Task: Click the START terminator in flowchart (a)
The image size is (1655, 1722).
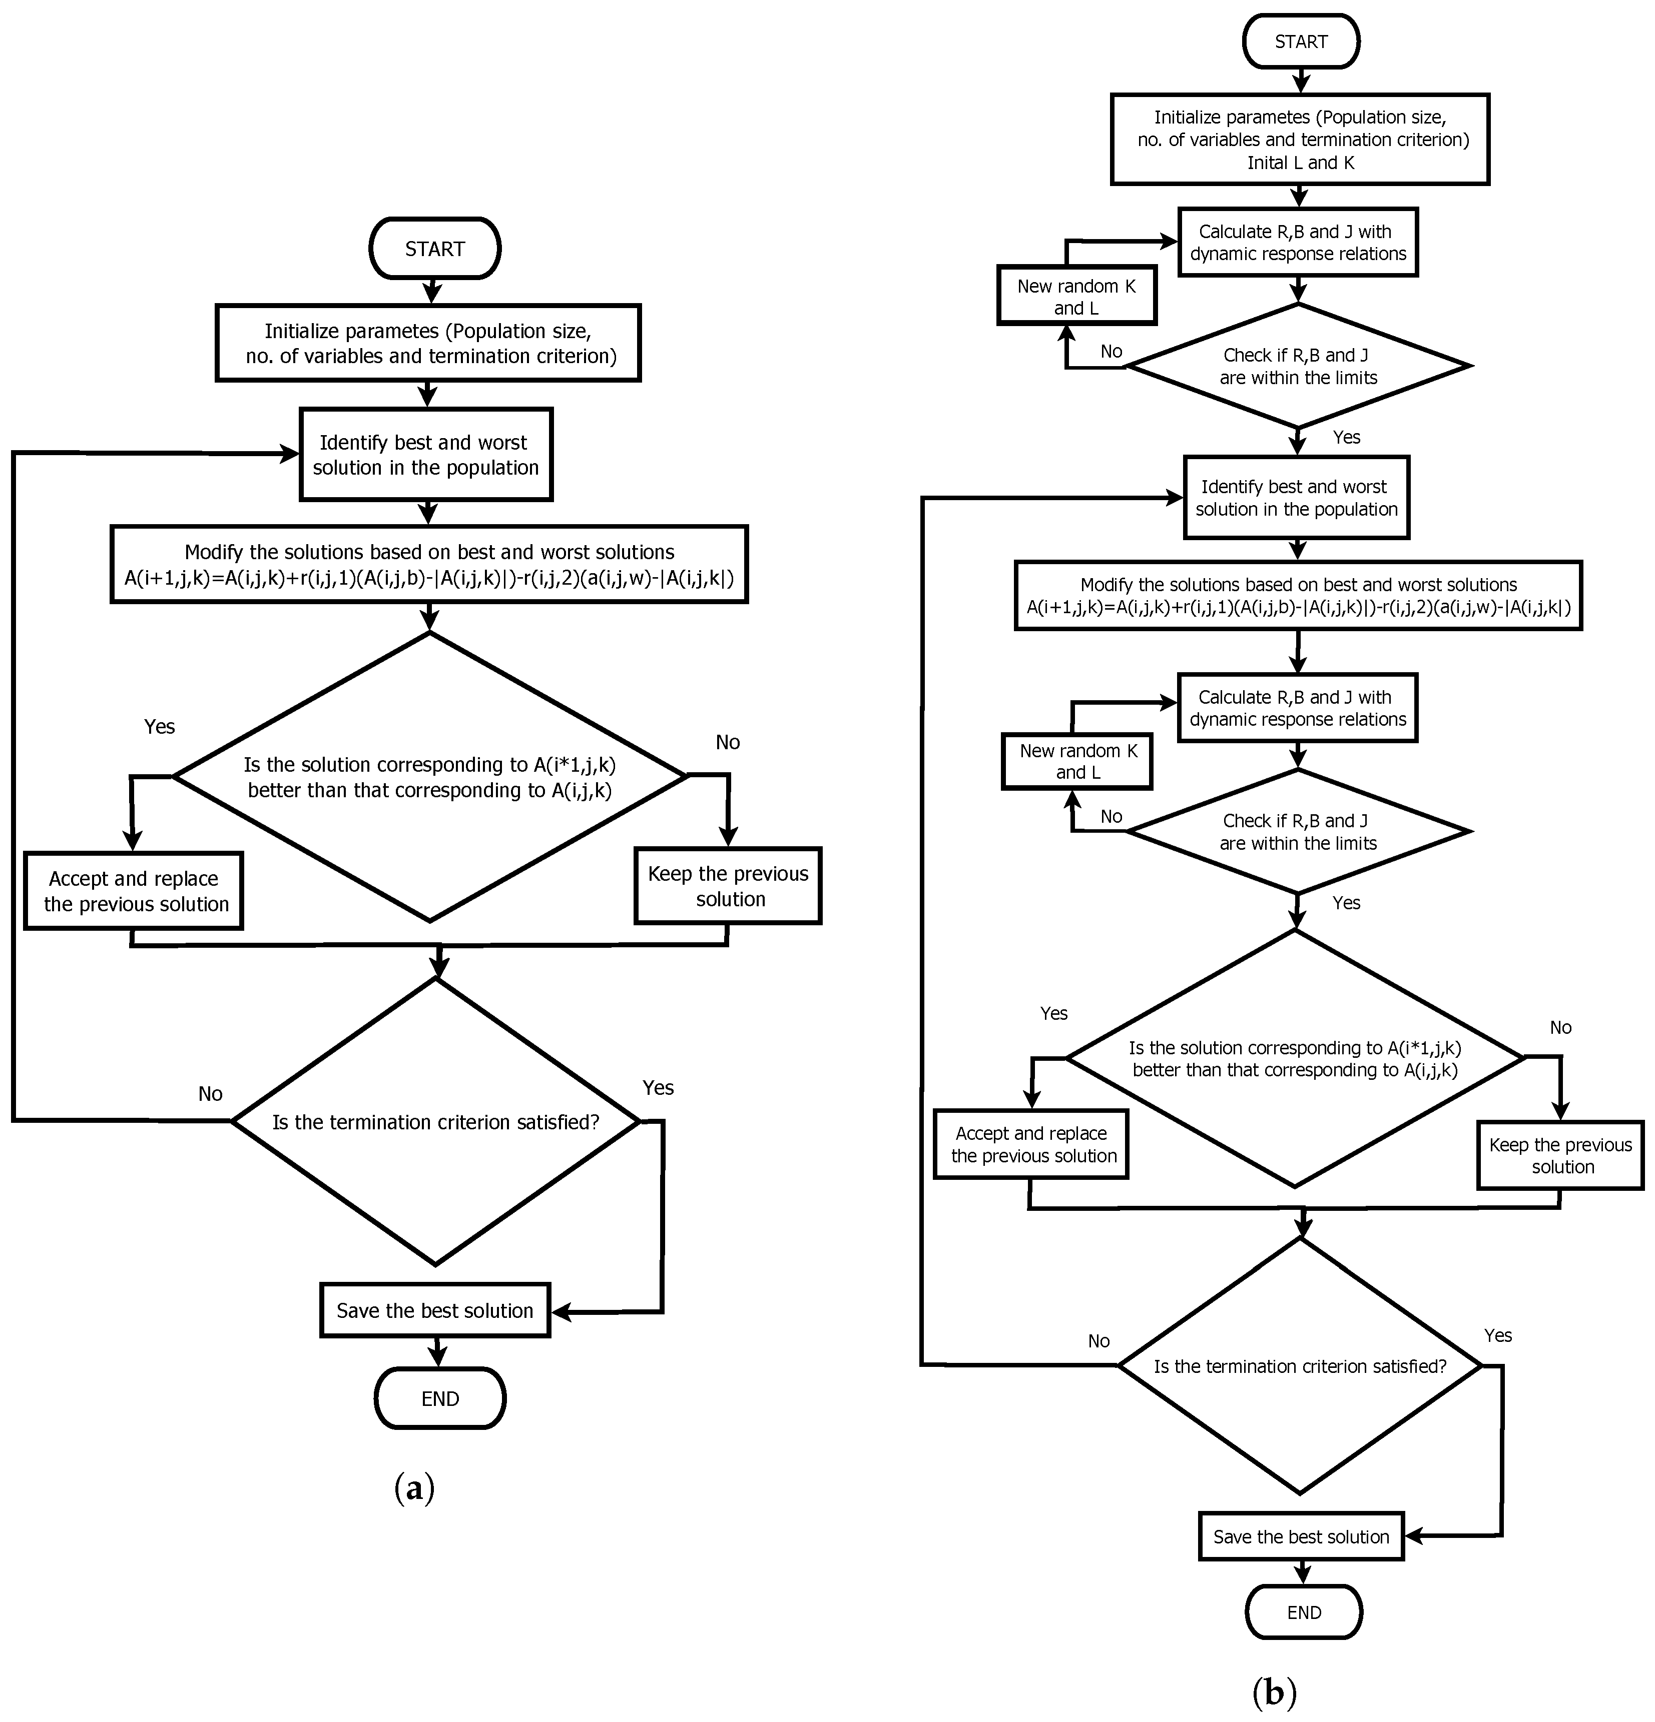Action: click(x=435, y=249)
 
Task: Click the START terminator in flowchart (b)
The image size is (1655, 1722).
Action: click(x=1301, y=42)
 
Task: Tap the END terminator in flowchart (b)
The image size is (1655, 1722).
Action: click(x=1304, y=1612)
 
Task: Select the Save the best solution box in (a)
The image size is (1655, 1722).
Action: click(x=435, y=1310)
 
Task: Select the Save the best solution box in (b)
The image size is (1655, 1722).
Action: click(x=1301, y=1536)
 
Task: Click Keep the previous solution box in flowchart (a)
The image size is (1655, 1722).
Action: click(x=728, y=886)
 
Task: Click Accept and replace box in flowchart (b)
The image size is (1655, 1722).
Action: click(x=1031, y=1144)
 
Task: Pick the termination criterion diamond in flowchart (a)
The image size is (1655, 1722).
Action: click(x=435, y=1122)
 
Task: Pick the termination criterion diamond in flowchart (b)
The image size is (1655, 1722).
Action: click(x=1300, y=1366)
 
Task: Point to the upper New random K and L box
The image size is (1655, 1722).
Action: click(x=1076, y=296)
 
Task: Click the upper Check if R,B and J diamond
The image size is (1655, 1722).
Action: click(x=1298, y=366)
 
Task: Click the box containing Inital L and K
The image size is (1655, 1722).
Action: click(x=1300, y=140)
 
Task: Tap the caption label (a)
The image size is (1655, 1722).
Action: click(x=414, y=1487)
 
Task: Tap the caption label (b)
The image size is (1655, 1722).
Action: click(x=1274, y=1691)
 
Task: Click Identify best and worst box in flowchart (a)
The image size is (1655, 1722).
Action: click(x=426, y=454)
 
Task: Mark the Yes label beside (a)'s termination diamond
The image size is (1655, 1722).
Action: click(x=658, y=1088)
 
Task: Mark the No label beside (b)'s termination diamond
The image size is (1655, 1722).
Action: click(x=1098, y=1341)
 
